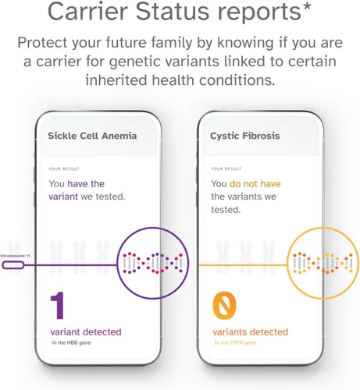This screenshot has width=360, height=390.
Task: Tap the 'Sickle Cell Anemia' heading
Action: [92, 136]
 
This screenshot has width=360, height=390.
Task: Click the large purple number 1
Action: [57, 307]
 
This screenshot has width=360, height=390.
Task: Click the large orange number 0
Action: [223, 307]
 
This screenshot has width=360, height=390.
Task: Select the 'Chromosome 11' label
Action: [16, 255]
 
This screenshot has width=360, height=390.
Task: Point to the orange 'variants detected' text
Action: [250, 331]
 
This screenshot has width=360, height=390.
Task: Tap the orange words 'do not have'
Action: [254, 183]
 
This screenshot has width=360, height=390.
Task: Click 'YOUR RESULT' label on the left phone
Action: [65, 168]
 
